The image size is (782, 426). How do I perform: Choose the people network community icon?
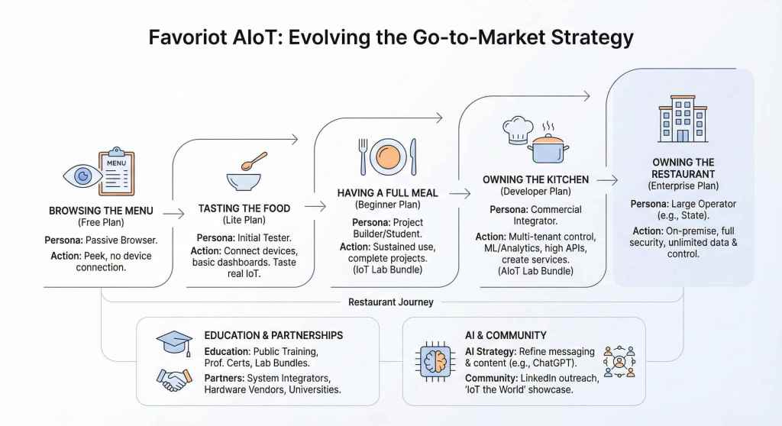[x=619, y=360]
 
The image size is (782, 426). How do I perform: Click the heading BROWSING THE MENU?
[x=101, y=211]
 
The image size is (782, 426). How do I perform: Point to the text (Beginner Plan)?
[x=387, y=205]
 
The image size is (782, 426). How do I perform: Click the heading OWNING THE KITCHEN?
[x=535, y=179]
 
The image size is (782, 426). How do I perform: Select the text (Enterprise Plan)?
[x=683, y=186]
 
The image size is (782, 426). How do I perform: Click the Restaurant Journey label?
[x=390, y=302]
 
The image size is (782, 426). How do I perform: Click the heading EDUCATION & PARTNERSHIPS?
[x=273, y=335]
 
